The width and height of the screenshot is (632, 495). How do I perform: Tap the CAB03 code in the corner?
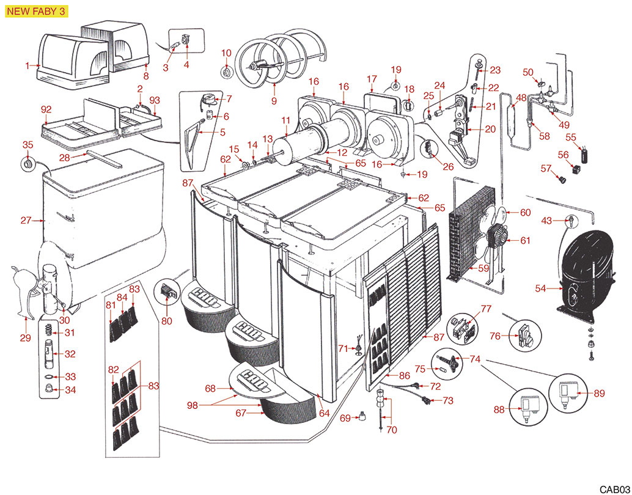tap(613, 489)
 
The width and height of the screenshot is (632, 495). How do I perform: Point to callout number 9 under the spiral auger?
tap(274, 100)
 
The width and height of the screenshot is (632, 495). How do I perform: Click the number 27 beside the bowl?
tap(26, 221)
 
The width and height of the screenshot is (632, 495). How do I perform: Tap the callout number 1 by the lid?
tap(28, 65)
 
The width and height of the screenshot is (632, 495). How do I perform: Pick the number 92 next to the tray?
tap(46, 110)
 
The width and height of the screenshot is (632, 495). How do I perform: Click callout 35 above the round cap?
tap(27, 145)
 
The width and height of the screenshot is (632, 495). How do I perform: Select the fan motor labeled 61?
tap(498, 235)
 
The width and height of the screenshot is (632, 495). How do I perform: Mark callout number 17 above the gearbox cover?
tap(372, 79)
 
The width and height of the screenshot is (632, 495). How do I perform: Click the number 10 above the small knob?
tap(226, 53)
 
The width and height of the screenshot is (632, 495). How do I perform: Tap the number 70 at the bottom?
tap(391, 430)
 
